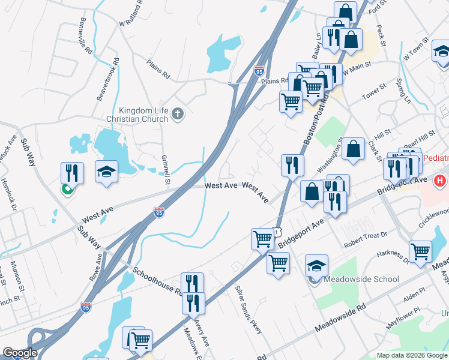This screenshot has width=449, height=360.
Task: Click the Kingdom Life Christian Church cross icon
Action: click(177, 113)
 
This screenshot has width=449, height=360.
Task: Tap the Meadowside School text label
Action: click(361, 279)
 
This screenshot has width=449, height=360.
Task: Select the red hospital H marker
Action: click(440, 180)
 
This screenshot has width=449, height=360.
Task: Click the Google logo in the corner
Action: click(20, 353)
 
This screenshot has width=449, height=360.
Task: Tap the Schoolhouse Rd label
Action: click(157, 281)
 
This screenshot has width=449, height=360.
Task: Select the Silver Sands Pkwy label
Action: click(249, 305)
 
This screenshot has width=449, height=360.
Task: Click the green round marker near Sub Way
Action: click(67, 191)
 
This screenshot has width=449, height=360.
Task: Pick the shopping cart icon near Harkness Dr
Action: click(420, 251)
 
